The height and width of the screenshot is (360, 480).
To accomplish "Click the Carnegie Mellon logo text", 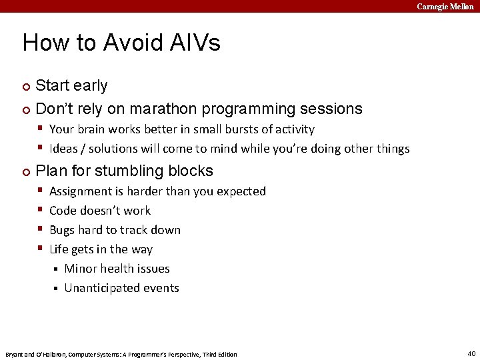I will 445,6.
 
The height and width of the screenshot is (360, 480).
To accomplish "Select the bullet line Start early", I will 71,86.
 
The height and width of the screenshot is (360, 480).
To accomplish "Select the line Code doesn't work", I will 100,211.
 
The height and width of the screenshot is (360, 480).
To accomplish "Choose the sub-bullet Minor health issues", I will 117,269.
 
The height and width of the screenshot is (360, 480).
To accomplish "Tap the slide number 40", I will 471,353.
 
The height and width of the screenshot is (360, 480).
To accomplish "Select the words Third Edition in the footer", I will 220,354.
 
